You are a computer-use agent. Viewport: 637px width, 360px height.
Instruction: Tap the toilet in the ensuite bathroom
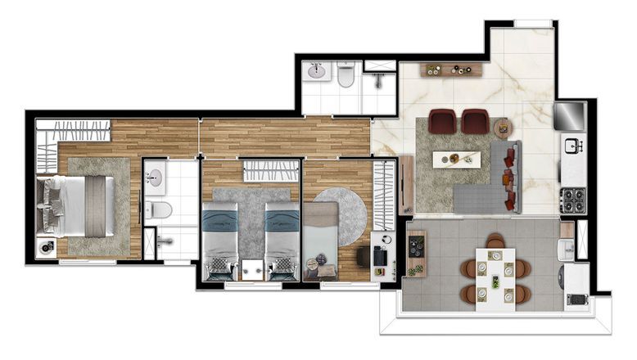click(160, 209)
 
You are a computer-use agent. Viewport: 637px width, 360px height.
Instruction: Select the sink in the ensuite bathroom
click(156, 175)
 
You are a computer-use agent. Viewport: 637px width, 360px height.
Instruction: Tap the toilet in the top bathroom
click(346, 76)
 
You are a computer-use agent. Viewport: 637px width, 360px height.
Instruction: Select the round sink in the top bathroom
click(317, 73)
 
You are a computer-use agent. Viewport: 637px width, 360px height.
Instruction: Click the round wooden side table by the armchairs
click(502, 127)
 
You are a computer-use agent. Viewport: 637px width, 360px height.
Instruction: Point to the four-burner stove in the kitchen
click(571, 198)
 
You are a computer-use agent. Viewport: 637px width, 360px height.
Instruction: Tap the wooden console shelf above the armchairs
click(453, 70)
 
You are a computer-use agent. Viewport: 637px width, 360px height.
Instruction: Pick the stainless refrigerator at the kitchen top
click(570, 115)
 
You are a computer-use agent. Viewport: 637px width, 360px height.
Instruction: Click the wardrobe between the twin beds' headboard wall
click(271, 171)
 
